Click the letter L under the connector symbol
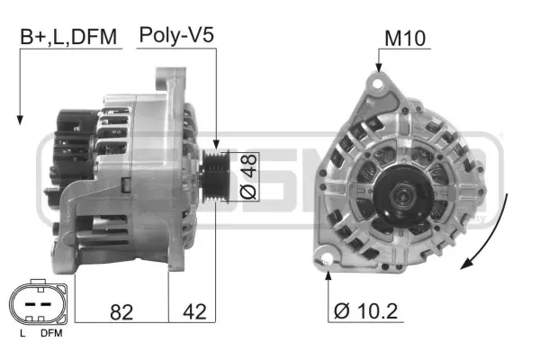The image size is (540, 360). pos(22,335)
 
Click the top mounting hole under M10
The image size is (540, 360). pos(379,84)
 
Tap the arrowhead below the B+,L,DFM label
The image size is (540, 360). pos(18,120)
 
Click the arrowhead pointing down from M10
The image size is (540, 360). pos(379,69)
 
